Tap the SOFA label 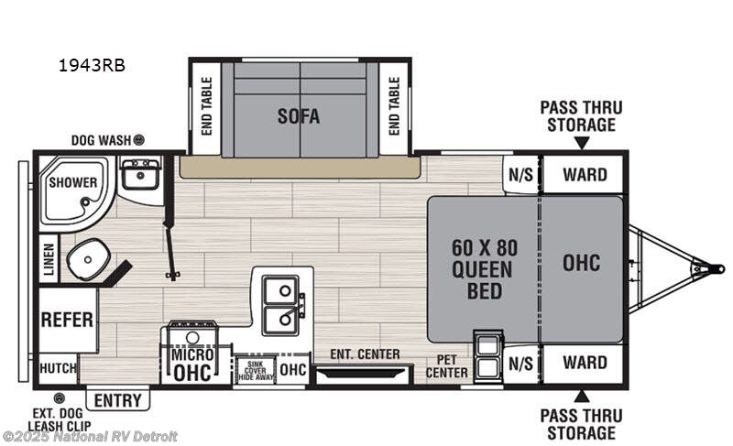(x=299, y=116)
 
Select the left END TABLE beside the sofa (x=205, y=106)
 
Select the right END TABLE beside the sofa (x=394, y=106)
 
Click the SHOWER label (x=72, y=182)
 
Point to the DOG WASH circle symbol (x=139, y=140)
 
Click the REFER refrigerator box (x=67, y=320)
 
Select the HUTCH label (x=57, y=369)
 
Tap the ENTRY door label (x=118, y=400)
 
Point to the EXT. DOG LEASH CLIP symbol (x=60, y=397)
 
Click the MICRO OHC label (x=193, y=363)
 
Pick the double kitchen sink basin (x=281, y=306)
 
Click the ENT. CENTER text (x=365, y=354)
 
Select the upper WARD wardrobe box (x=585, y=174)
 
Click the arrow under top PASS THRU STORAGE (x=581, y=142)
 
